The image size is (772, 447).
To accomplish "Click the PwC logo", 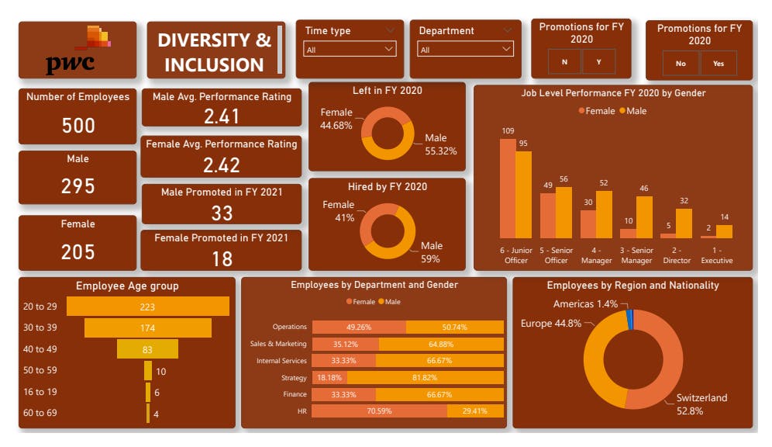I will pos(78,51).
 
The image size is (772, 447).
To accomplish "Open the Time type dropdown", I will pos(350,50).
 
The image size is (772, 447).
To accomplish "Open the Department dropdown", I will pos(465,50).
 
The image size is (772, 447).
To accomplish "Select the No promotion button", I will pos(681,64).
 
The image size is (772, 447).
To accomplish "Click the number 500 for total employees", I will pos(78,126).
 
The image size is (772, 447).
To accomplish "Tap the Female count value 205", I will pos(78,251).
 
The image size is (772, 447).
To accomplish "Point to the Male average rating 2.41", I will pos(221,116).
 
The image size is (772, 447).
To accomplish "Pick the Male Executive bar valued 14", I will pos(724,231).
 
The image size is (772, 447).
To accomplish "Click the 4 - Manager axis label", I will pos(596,255).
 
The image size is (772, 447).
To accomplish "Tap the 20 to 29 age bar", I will pos(147,307).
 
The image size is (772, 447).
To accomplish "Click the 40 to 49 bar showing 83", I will pos(147,350).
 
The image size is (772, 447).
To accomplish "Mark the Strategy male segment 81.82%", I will pos(426,377).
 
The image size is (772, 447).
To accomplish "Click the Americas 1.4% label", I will pos(585,304).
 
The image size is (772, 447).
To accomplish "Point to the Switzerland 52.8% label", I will pos(702,404).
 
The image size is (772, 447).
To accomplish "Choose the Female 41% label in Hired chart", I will pos(339,212).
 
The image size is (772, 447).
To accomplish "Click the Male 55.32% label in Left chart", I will pos(440,144).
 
